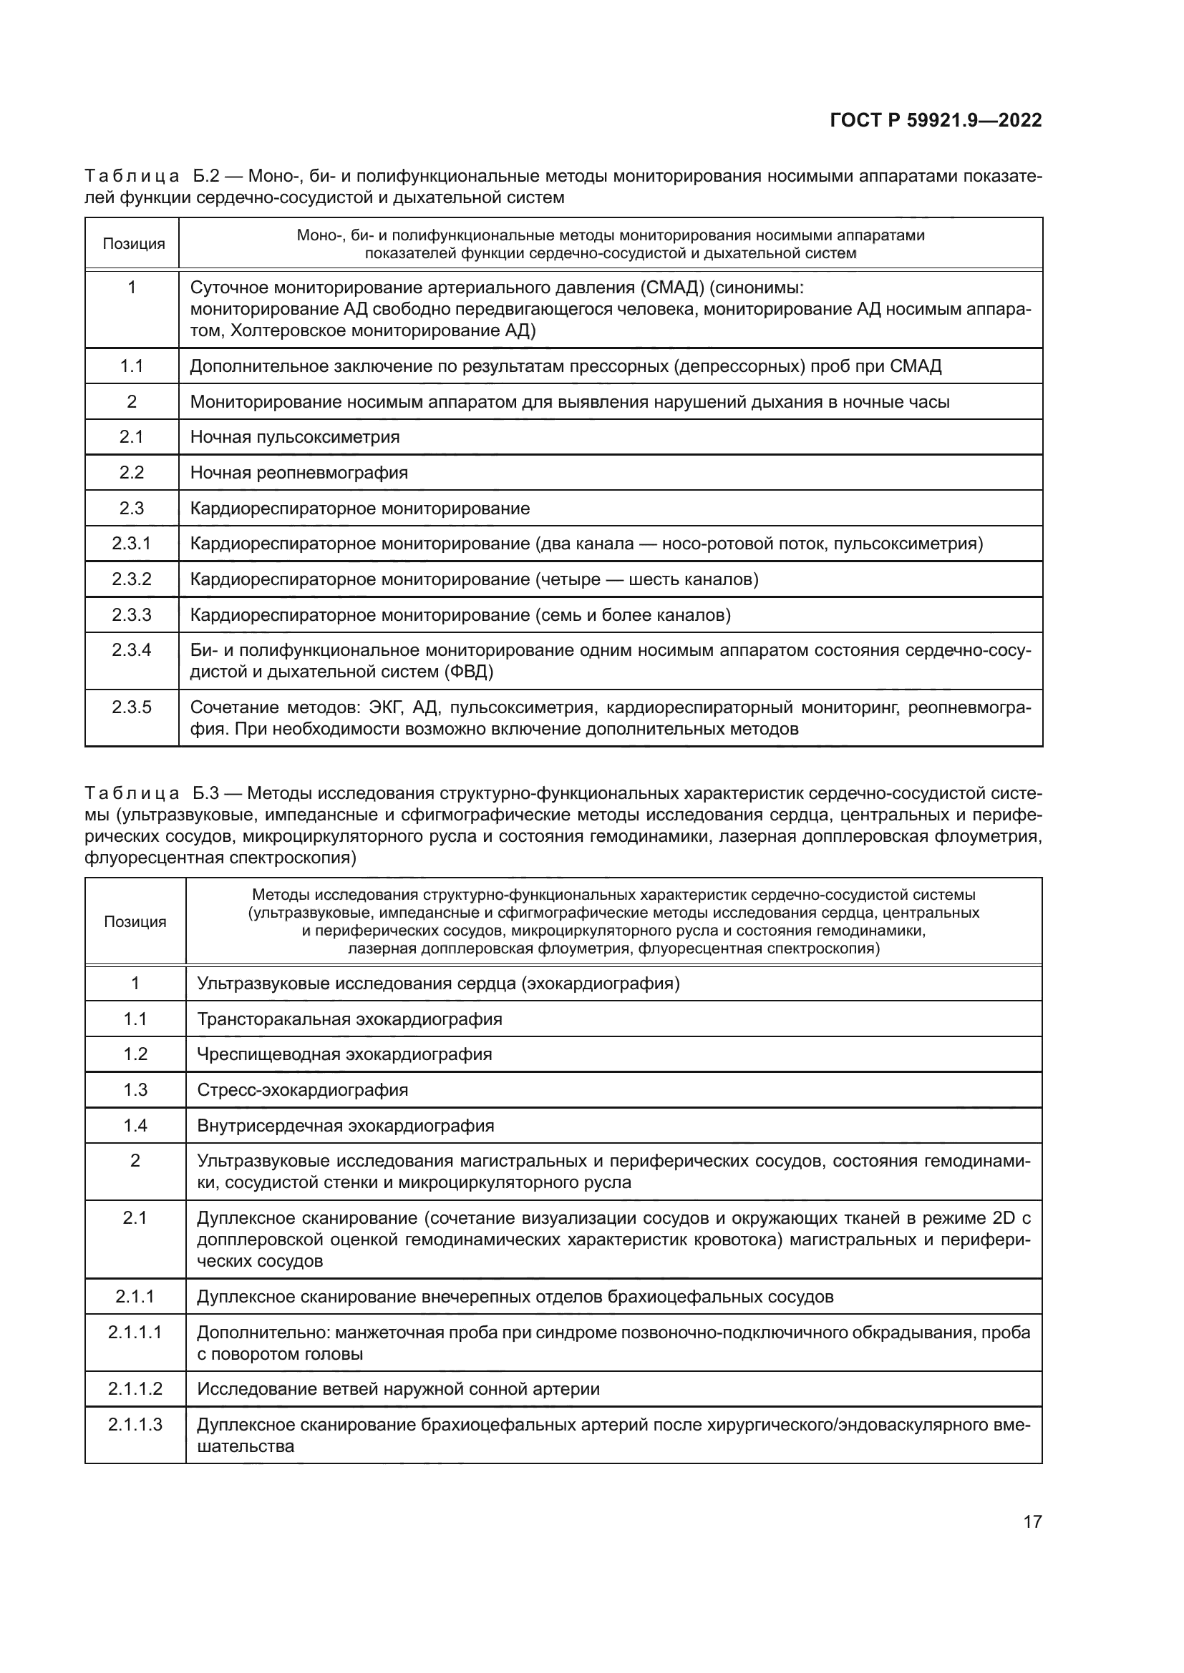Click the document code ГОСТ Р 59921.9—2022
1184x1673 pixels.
click(x=936, y=120)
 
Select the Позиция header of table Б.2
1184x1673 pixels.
click(x=133, y=244)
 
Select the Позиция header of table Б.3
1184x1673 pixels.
click(x=135, y=922)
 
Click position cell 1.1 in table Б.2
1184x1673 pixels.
click(x=132, y=366)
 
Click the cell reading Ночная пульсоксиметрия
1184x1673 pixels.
click(x=294, y=437)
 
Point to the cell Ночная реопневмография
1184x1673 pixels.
click(x=299, y=473)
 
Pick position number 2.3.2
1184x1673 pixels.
click(x=132, y=579)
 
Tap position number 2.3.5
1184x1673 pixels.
click(x=132, y=707)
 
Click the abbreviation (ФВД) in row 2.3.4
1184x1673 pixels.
click(x=468, y=672)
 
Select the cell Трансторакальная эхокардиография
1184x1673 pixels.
click(x=349, y=1019)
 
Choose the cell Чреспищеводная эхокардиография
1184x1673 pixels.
click(x=344, y=1054)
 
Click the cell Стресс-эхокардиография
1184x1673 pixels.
click(x=303, y=1090)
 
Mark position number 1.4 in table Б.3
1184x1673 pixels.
click(x=135, y=1126)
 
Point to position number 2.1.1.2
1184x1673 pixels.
click(x=135, y=1389)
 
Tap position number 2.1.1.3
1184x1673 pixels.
click(x=135, y=1425)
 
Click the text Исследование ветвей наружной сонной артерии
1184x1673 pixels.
click(x=398, y=1389)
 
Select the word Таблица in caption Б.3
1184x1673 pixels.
click(x=132, y=793)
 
